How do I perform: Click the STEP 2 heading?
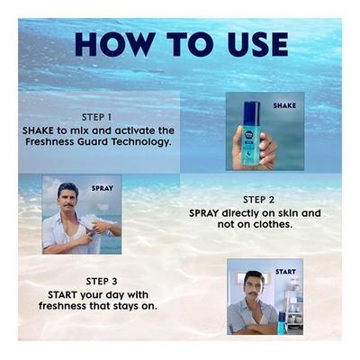[261, 199]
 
